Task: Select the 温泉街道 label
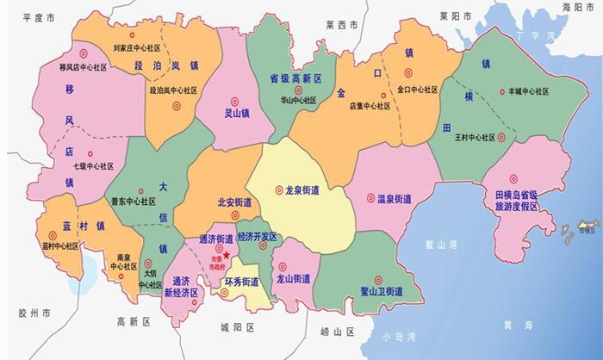pyautogui.click(x=393, y=199)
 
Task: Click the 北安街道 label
pyautogui.click(x=234, y=203)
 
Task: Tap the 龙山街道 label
pyautogui.click(x=294, y=279)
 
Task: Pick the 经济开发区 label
pyautogui.click(x=257, y=236)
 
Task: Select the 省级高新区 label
pyautogui.click(x=295, y=78)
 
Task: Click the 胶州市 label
pyautogui.click(x=34, y=312)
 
